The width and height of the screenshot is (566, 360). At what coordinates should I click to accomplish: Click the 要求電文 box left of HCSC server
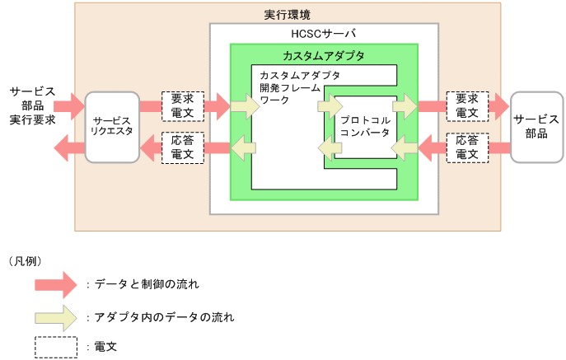(183, 105)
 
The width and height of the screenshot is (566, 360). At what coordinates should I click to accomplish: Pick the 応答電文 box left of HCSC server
(183, 148)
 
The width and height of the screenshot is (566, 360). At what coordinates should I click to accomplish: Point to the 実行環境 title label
(287, 15)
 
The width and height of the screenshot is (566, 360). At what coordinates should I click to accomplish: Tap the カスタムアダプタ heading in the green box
(323, 56)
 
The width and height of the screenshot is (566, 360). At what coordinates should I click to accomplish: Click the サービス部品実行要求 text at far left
(32, 105)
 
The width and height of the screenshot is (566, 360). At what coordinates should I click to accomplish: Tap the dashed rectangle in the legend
(56, 347)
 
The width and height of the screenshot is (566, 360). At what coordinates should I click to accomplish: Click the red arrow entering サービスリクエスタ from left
(71, 105)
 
